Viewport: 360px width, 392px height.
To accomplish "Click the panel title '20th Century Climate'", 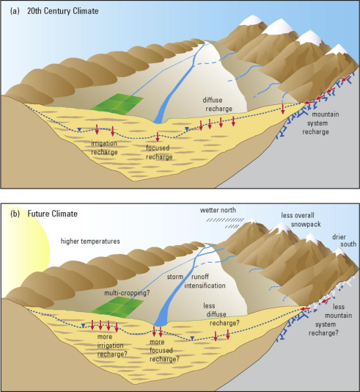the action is tap(62, 11).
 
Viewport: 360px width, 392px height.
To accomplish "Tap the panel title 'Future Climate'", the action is tap(53, 214).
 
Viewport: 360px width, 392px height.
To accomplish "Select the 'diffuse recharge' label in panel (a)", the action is tap(217, 104).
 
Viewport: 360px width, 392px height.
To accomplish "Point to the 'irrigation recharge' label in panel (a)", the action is tap(104, 148).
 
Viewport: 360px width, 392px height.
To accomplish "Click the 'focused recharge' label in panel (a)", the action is tap(159, 152).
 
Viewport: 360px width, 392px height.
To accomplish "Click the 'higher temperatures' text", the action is tap(90, 242).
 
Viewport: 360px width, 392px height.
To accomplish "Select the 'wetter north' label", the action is tap(218, 210).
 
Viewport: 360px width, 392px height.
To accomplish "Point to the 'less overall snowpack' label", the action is tap(301, 219).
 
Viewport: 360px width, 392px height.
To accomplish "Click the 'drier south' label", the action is tap(344, 240).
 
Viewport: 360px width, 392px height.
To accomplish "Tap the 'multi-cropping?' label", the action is tap(127, 293).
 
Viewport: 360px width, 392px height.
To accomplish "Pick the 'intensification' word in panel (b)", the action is tap(205, 286).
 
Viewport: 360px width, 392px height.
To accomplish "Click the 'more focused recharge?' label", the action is tap(164, 350).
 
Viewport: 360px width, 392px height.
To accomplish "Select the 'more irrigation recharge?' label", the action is tap(112, 346).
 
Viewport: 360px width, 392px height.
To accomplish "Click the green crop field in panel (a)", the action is tap(117, 104).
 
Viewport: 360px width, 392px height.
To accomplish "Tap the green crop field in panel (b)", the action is tap(117, 308).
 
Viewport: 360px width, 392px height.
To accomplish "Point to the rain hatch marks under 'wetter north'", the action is tap(225, 222).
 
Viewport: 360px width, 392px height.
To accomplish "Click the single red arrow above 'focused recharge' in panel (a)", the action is tap(158, 137).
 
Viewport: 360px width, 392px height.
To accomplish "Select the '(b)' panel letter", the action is tap(15, 214).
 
